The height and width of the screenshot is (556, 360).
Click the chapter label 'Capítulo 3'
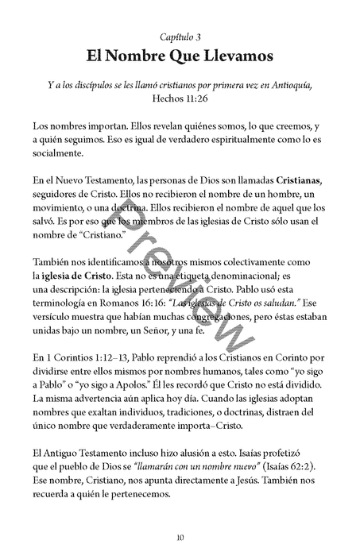(x=180, y=37)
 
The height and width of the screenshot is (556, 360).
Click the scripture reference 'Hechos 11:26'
(x=180, y=100)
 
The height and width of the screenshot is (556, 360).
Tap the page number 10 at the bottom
(x=180, y=538)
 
